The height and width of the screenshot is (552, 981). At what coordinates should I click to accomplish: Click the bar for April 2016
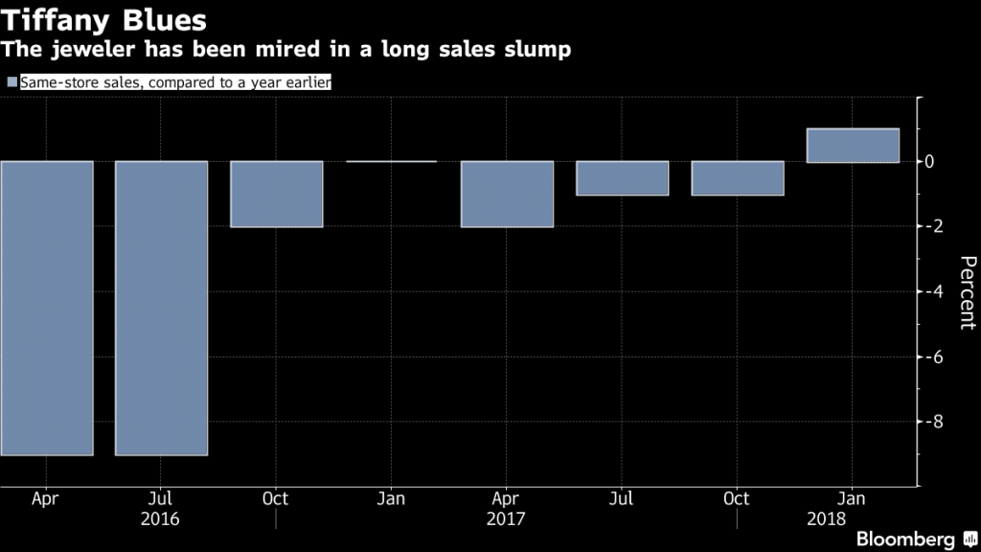coord(46,308)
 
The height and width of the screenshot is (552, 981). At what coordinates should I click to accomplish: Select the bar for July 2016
coord(161,308)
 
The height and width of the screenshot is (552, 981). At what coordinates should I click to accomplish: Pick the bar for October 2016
coord(276,194)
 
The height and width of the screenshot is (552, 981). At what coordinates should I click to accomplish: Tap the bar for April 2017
coord(507,194)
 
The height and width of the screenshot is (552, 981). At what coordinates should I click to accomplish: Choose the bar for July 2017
coord(622,178)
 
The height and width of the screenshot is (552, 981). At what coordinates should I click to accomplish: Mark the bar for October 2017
coord(738,178)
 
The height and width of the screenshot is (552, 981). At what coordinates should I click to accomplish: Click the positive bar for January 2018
coord(853,145)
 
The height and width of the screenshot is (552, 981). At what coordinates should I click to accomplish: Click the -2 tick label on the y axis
coord(927,226)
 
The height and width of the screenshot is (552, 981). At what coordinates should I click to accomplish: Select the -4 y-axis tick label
coord(927,291)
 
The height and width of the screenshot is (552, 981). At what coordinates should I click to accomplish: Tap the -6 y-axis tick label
coord(927,356)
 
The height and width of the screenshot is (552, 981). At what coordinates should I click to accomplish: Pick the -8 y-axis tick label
coord(927,422)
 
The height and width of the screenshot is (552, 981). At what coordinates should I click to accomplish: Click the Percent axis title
coord(967,292)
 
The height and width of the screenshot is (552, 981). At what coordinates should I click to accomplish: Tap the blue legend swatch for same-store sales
coord(11,83)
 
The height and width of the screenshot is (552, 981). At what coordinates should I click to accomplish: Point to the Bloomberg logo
coord(909,538)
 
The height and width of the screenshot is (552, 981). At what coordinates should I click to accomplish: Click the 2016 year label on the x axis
coord(161,518)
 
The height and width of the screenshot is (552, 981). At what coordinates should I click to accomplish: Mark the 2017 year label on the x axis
coord(507,518)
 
